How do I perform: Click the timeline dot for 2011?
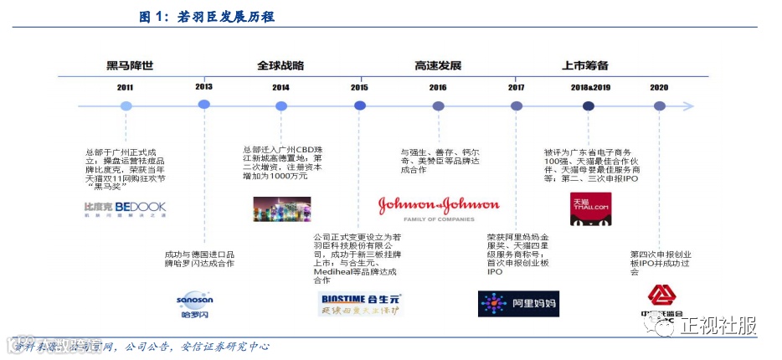pyautogui.click(x=126, y=106)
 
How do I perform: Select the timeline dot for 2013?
pyautogui.click(x=203, y=105)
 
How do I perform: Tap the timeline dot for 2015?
pyautogui.click(x=359, y=105)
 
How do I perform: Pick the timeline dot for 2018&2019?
pyautogui.click(x=589, y=105)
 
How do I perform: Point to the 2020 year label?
pyautogui.click(x=659, y=87)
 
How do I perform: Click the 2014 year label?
pyautogui.click(x=280, y=87)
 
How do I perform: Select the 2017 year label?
pyautogui.click(x=517, y=87)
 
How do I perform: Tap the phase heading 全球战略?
pyautogui.click(x=280, y=65)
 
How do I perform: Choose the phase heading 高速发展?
pyautogui.click(x=438, y=65)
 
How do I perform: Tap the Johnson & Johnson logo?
pyautogui.click(x=438, y=206)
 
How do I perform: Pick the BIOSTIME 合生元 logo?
pyautogui.click(x=361, y=303)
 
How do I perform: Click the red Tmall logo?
pyautogui.click(x=590, y=208)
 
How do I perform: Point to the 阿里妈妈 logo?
pyautogui.click(x=517, y=303)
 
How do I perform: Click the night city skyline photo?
pyautogui.click(x=281, y=208)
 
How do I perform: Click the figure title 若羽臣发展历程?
pyautogui.click(x=226, y=16)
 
